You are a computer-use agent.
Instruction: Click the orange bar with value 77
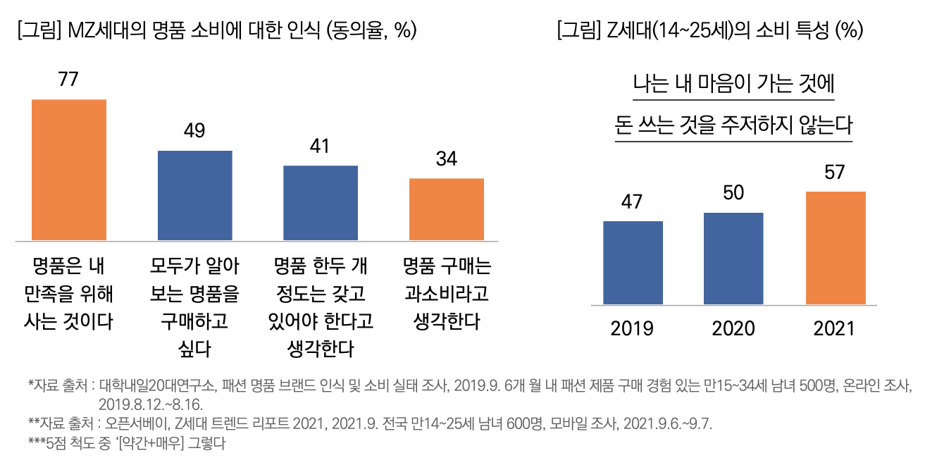pos(69,170)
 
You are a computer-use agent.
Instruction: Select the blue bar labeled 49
pos(194,195)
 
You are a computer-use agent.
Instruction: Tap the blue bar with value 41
pos(321,203)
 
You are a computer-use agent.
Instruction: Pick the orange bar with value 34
pos(447,209)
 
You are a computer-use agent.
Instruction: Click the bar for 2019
pos(633,263)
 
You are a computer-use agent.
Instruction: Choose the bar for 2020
pos(733,259)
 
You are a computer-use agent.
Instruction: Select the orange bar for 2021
pos(835,248)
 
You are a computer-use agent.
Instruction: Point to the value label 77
pos(68,80)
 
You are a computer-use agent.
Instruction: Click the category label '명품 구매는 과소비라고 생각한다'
pos(447,294)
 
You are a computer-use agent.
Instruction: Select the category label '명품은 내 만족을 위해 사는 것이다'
pos(68,294)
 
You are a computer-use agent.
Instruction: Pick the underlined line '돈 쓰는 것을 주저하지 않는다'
pos(733,126)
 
